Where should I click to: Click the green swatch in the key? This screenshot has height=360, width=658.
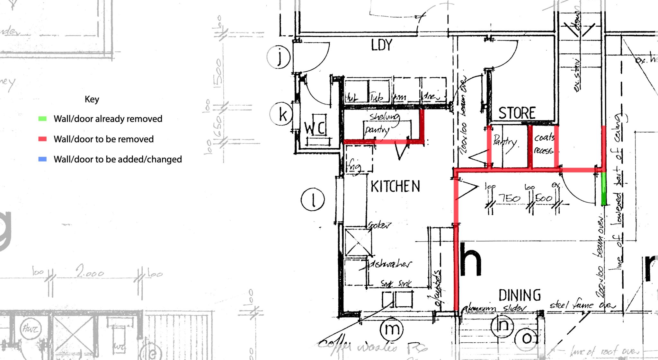point(42,119)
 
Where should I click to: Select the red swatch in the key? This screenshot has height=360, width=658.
point(42,139)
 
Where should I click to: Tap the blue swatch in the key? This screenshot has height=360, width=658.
point(42,159)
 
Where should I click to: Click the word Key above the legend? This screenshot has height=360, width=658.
point(92,99)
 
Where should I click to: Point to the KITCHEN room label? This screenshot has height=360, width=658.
point(395,187)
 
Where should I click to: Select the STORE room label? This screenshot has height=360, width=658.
point(517,113)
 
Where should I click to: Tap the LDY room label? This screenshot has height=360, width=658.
point(382,45)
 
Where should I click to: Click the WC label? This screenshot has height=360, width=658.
point(315,128)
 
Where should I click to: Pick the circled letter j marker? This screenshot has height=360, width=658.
point(279,57)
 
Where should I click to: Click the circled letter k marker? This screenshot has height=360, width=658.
point(281,114)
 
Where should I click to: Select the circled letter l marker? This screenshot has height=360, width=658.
point(313,199)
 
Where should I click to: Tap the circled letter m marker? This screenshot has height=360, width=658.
point(391,329)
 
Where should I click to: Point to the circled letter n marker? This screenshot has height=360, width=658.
point(502,326)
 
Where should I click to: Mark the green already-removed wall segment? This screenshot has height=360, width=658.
point(604,189)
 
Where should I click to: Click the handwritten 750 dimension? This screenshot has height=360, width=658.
point(509,198)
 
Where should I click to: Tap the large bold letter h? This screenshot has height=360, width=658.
point(471,260)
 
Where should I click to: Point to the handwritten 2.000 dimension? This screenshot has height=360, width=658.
point(90,272)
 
